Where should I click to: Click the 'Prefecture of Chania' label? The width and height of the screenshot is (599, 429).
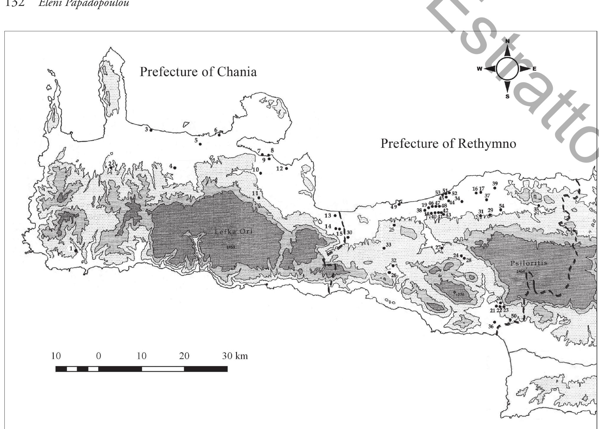tap(198, 72)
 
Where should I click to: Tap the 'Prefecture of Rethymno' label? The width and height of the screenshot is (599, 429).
tap(448, 143)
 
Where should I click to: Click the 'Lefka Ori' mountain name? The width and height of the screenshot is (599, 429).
tap(234, 232)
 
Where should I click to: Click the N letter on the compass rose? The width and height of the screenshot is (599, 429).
tap(508, 41)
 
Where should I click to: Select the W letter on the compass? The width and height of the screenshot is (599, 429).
tap(479, 69)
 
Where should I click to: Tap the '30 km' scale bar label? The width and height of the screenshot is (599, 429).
tap(235, 356)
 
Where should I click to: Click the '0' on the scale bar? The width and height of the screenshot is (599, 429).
tap(99, 356)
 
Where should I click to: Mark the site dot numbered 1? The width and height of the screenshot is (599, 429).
tap(76, 251)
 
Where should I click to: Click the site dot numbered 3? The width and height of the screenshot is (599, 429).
tap(151, 130)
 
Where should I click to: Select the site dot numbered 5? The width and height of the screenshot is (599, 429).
tap(200, 144)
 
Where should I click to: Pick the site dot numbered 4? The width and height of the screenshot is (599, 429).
tap(175, 168)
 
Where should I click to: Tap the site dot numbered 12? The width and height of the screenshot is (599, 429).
tap(287, 168)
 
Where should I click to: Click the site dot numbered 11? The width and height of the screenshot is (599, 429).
tap(259, 198)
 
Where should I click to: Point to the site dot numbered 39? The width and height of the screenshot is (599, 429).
tap(495, 188)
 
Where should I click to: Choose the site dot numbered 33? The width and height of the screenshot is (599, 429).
tap(384, 248)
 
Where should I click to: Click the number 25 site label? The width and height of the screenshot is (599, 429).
tap(392, 230)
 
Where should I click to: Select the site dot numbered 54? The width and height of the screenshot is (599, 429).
tap(501, 210)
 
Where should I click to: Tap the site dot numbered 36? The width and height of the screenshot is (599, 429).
tap(495, 322)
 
